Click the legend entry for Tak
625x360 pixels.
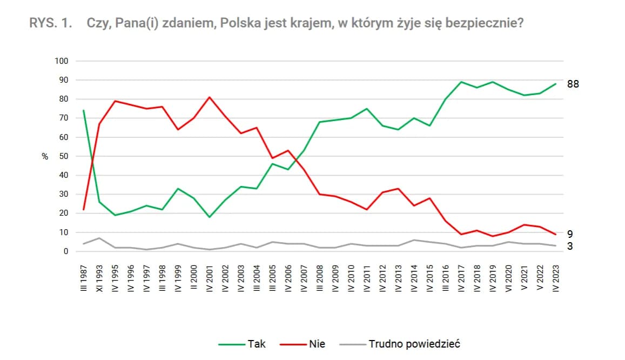(x=257, y=344)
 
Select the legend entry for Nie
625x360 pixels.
(x=317, y=344)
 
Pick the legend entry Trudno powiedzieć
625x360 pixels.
(x=414, y=344)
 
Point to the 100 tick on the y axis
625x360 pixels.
(x=62, y=61)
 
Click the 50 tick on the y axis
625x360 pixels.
(x=64, y=156)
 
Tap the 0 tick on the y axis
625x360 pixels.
(x=66, y=251)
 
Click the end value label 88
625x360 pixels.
(x=573, y=84)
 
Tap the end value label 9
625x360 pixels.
(x=570, y=234)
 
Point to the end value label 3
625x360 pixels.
(x=570, y=246)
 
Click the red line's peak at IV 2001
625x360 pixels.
(x=209, y=97)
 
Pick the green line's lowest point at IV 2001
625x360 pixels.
(x=209, y=217)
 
